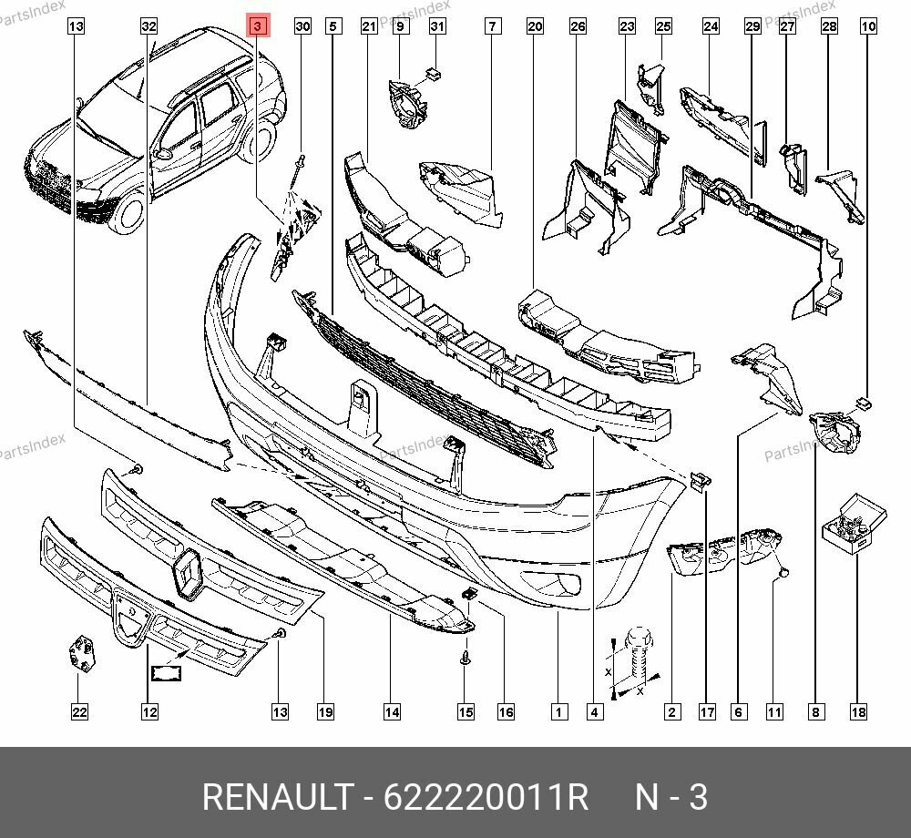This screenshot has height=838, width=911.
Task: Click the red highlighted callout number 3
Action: pos(258,26)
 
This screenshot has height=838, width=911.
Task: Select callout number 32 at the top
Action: pos(149,26)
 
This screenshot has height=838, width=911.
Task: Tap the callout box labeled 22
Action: pos(79,711)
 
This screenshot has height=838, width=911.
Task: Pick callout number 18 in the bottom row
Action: pos(857,711)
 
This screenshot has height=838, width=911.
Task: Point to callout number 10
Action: pos(868,26)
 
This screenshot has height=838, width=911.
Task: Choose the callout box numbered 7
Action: pos(492,26)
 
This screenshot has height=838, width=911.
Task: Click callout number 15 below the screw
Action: pos(466,711)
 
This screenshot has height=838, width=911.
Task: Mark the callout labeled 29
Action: pos(752,26)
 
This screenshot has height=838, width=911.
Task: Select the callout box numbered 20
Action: pos(535,26)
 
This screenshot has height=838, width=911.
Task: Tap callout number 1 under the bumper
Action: pos(558,711)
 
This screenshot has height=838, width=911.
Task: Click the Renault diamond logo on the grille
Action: pos(189,574)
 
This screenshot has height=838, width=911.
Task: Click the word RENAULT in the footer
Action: pos(275,797)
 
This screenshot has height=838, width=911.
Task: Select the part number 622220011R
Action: pos(485,797)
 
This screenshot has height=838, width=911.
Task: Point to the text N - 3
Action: pos(670,797)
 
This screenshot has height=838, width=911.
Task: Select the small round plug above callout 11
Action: pos(782,574)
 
